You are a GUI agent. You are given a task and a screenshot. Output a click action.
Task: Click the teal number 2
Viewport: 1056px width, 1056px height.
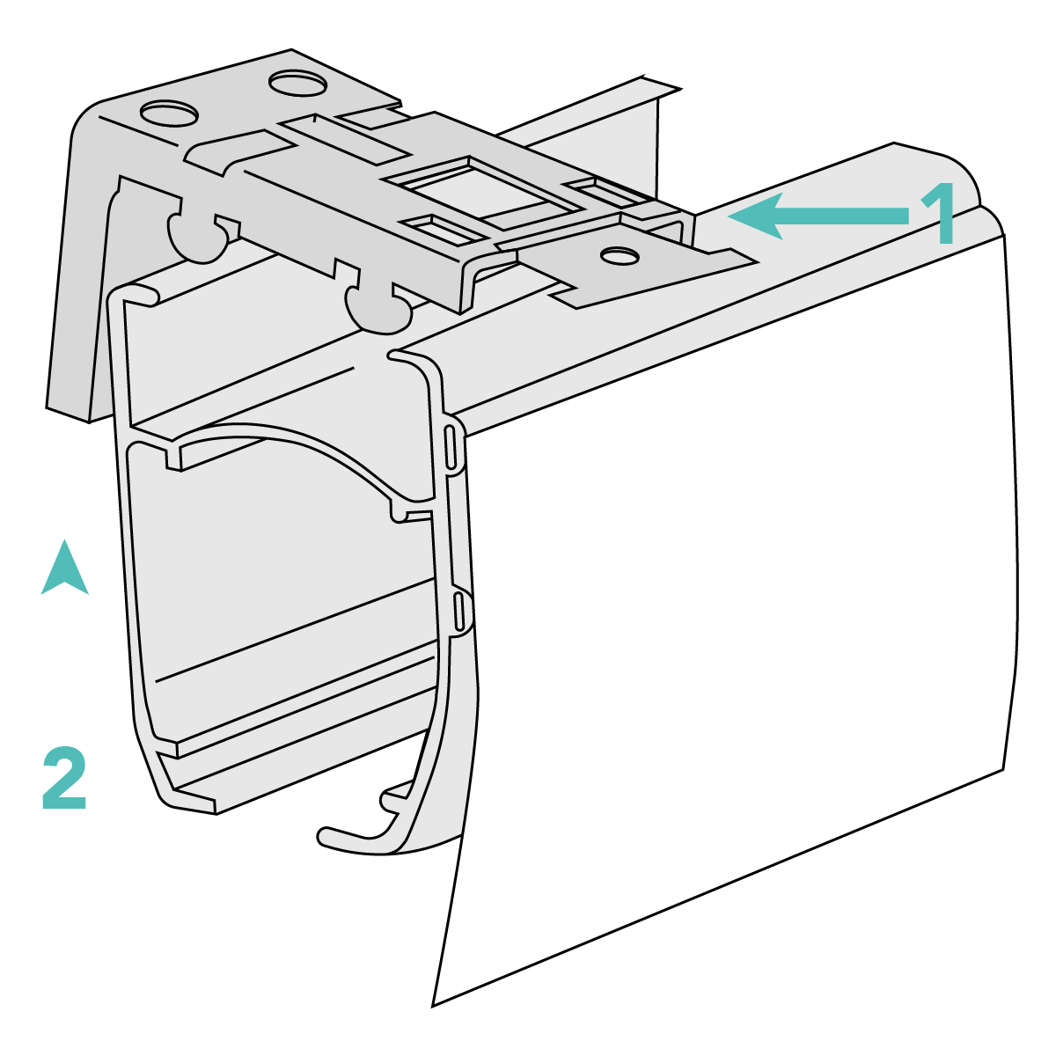click(64, 777)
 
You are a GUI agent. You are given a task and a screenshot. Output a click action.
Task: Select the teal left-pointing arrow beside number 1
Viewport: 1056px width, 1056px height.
click(818, 216)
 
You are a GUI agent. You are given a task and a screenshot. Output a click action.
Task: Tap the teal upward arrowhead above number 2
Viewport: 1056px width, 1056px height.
click(64, 568)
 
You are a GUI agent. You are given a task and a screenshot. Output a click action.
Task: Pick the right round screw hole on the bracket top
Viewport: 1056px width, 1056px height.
click(298, 84)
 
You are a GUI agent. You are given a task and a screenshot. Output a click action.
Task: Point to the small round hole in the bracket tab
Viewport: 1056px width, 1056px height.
click(620, 255)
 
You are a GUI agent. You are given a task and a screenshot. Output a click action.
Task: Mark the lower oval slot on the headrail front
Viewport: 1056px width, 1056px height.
click(459, 611)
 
